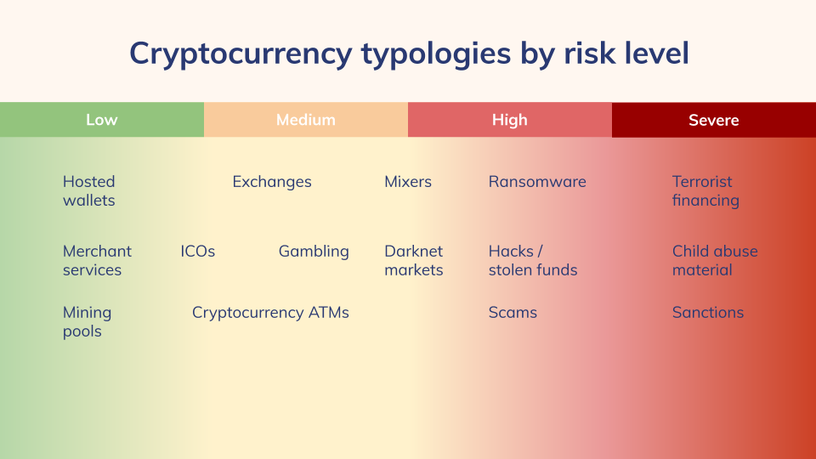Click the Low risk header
click(x=102, y=120)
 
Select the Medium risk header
click(x=306, y=120)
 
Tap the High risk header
click(x=510, y=120)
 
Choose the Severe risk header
click(x=714, y=120)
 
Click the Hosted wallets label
click(x=89, y=191)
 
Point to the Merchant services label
click(x=97, y=261)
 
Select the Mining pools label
click(x=87, y=322)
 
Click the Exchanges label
click(x=272, y=182)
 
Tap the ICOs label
click(x=198, y=252)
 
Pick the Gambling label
click(x=314, y=252)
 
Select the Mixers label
click(x=408, y=182)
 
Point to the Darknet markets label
click(x=414, y=261)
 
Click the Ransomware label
click(x=537, y=182)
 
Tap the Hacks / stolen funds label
click(x=533, y=261)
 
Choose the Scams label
click(x=513, y=313)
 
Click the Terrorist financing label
click(x=705, y=191)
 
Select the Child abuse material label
click(x=715, y=261)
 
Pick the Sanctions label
click(x=708, y=313)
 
